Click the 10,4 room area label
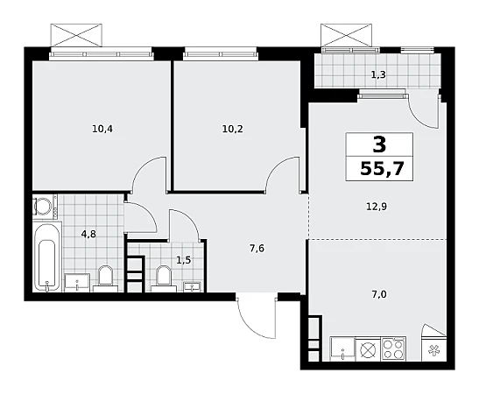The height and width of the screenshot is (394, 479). coord(102,130)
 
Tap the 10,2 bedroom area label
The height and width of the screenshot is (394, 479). coord(232,130)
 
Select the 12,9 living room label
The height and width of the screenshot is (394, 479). coord(377,207)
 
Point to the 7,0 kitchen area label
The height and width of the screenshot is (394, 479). coord(379,294)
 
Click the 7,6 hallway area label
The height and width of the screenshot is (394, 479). coord(257,249)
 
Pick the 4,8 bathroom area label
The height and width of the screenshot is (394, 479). coord(88,234)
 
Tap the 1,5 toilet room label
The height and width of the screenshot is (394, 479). coord(184,260)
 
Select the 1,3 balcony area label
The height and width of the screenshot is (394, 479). coord(378,74)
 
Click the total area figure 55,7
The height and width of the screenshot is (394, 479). coord(382,168)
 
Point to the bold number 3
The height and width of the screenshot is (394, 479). coord(379,144)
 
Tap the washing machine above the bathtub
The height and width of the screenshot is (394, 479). coord(45,206)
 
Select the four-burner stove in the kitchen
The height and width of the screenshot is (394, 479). coord(393,348)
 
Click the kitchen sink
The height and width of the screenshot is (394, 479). coord(342,348)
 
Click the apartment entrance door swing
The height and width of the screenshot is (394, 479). coord(257,316)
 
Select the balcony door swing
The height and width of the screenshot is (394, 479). coord(424,109)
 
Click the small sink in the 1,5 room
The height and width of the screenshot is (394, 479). coord(192,287)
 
